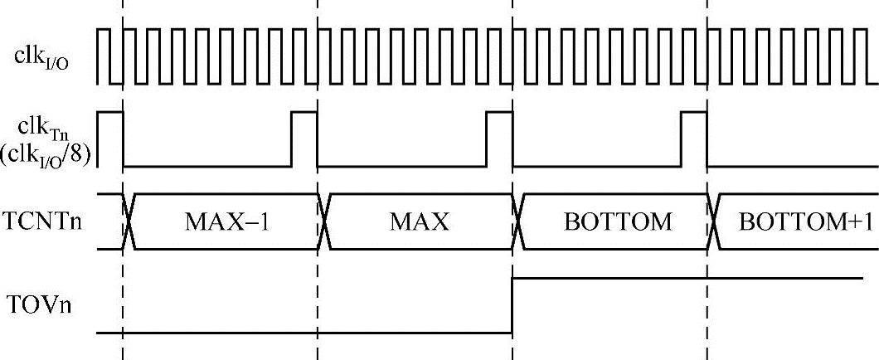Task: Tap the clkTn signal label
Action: coord(39,124)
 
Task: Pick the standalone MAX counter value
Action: coord(419,222)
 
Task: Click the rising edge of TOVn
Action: coord(512,305)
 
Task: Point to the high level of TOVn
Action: coord(688,279)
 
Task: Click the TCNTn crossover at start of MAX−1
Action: coord(129,221)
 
